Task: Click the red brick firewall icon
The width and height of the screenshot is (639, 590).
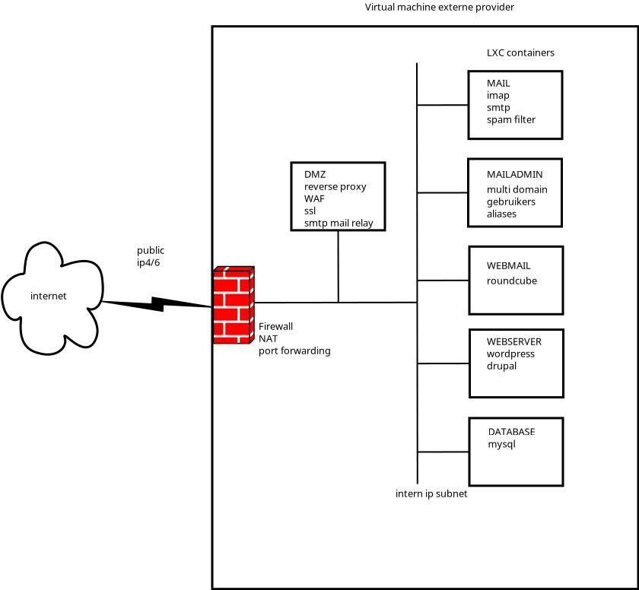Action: tap(234, 305)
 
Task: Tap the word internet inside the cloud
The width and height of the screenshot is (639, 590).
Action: tap(49, 296)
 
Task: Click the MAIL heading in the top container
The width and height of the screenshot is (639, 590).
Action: tap(499, 83)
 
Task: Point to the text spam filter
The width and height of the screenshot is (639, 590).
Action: tap(511, 119)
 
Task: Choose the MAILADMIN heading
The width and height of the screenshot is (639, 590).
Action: tap(515, 174)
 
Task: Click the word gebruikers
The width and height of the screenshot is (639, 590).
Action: tap(511, 201)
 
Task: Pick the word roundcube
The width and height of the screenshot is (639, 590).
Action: tap(512, 281)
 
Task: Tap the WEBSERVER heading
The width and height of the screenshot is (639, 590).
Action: tap(514, 341)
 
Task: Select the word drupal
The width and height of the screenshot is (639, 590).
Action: tap(502, 366)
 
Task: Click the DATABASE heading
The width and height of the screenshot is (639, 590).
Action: tap(512, 431)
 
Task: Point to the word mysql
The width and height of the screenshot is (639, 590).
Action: tap(502, 444)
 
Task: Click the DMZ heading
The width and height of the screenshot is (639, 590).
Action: tap(315, 174)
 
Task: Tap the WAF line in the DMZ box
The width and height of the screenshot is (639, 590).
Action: tap(314, 198)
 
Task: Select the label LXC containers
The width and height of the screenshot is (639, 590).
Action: tap(520, 53)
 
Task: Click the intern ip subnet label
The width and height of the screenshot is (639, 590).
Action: tap(431, 493)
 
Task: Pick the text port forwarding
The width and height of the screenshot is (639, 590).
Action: tap(294, 351)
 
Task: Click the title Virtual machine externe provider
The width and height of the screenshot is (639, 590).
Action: tap(440, 8)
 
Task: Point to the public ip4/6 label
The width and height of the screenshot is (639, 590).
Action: tap(151, 256)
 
